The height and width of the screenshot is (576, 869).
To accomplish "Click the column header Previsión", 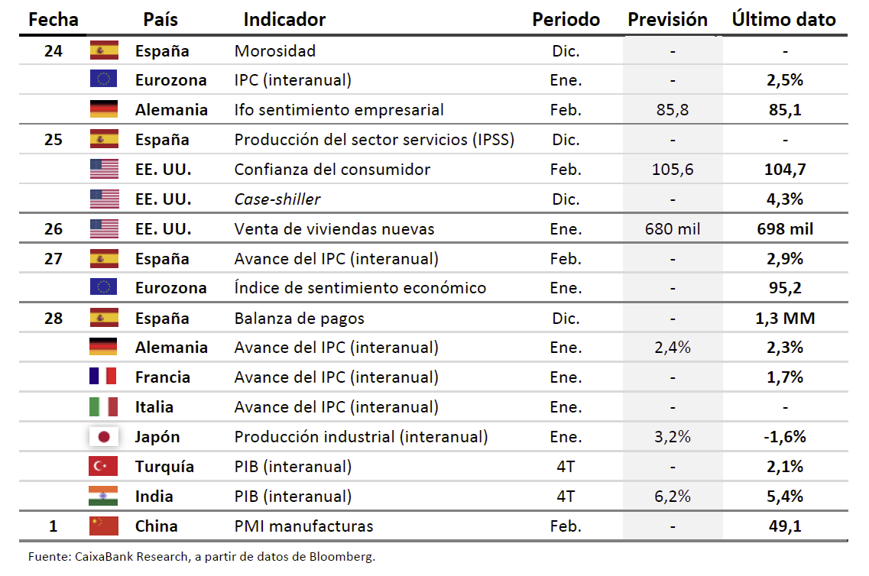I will [x=667, y=20].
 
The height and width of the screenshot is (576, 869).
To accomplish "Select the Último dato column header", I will [x=783, y=20].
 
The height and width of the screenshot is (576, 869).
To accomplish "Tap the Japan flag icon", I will [x=104, y=437].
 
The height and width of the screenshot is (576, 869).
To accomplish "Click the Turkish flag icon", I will [x=104, y=467].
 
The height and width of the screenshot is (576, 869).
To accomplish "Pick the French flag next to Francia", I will [x=104, y=377].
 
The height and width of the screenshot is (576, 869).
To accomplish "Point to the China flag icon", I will [x=104, y=526].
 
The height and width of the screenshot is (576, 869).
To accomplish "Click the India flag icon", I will [x=104, y=497].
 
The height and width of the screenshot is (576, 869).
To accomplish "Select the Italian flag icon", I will [x=104, y=407].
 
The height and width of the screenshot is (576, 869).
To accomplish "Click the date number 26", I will [x=54, y=229].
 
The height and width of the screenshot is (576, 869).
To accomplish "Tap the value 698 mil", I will [x=785, y=229].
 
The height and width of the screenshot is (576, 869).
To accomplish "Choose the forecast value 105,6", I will [x=673, y=170].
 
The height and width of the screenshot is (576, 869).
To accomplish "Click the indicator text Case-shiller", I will [x=277, y=199].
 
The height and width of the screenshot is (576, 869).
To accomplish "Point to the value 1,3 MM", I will [x=785, y=319].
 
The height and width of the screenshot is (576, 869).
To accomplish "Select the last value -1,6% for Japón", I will [x=785, y=437].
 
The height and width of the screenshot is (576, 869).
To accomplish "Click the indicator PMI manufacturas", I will [x=303, y=526].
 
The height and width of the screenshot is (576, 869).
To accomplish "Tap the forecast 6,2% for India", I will [x=673, y=497].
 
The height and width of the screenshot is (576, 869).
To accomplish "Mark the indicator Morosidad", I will [x=275, y=51].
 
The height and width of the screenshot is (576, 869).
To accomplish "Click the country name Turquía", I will [x=164, y=467].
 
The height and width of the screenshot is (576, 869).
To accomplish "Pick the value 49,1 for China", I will [x=785, y=526].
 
